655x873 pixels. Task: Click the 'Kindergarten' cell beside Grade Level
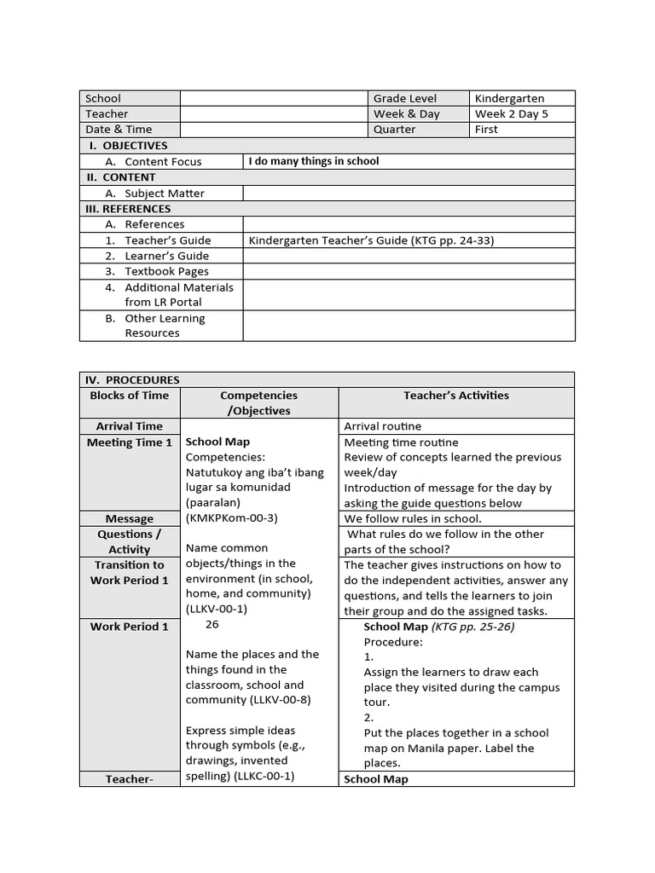tap(509, 99)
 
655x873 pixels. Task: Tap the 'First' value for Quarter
tap(487, 130)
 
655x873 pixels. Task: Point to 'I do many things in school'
tap(314, 161)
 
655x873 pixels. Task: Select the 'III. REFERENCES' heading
tap(128, 209)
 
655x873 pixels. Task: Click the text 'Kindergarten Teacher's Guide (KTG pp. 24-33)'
tap(371, 240)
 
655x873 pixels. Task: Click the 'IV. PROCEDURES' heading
tap(131, 380)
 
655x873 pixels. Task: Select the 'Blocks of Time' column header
tap(130, 396)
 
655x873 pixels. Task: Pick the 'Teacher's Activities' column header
tap(455, 396)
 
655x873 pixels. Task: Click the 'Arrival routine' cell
tap(382, 426)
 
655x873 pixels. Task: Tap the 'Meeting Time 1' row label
tap(130, 442)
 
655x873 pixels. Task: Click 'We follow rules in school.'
tap(413, 518)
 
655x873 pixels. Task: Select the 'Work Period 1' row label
tap(130, 627)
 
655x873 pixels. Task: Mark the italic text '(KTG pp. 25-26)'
tap(473, 627)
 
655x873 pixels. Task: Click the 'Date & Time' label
tap(119, 130)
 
